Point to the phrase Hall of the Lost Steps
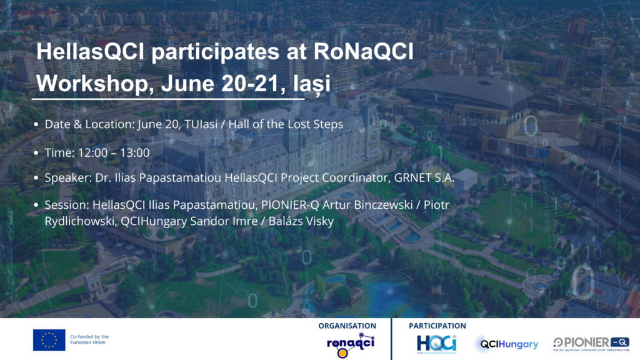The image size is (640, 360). [286, 124]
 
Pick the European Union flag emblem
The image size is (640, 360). [49, 339]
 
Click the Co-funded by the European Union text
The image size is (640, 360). [89, 339]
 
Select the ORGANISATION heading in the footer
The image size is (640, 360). [347, 326]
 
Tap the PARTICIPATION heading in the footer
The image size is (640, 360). [437, 326]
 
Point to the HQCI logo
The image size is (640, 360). [436, 343]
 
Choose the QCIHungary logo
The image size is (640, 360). [509, 344]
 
